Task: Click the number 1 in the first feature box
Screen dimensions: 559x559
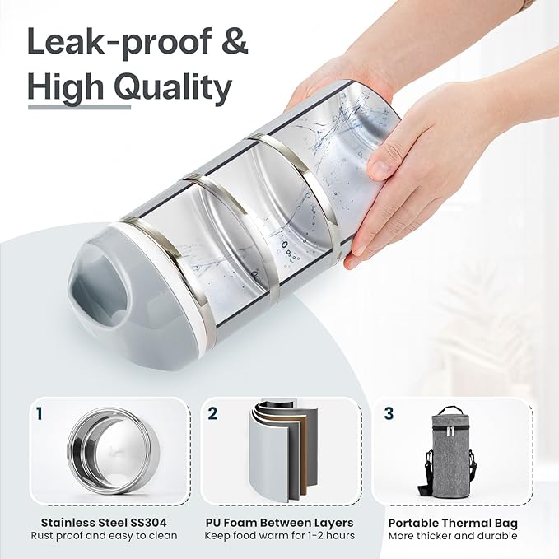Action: (40, 414)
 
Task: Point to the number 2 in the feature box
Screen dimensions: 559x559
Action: (212, 413)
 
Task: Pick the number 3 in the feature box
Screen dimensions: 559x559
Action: (389, 413)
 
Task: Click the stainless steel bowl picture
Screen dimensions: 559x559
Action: (113, 453)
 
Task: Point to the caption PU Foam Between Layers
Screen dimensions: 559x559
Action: (280, 523)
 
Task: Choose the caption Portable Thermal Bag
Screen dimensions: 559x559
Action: (453, 524)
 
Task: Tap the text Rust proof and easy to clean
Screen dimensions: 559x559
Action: (104, 536)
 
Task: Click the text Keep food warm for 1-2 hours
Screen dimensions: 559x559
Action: (280, 535)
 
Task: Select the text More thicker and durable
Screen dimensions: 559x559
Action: (453, 536)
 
